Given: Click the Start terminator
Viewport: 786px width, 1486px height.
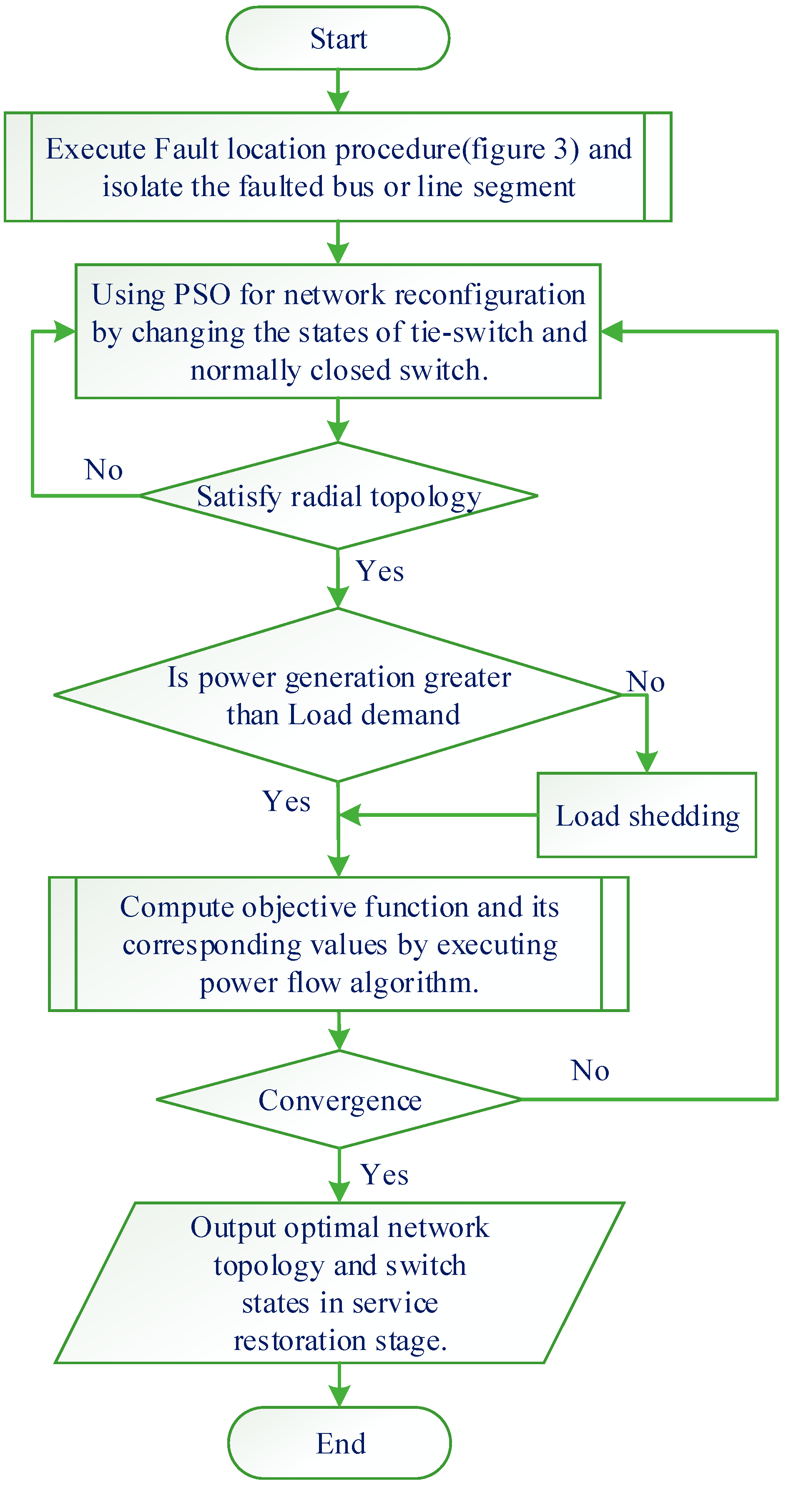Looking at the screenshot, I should pyautogui.click(x=338, y=38).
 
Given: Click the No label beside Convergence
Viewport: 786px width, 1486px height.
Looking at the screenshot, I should pyautogui.click(x=589, y=1070).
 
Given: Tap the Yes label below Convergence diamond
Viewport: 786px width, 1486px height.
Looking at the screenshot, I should pyautogui.click(x=384, y=1174).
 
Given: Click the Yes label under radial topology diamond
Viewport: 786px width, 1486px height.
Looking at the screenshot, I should pyautogui.click(x=380, y=571).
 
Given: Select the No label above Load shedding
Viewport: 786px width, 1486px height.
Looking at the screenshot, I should pyautogui.click(x=645, y=681).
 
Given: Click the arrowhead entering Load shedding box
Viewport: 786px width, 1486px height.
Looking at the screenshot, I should pyautogui.click(x=646, y=763).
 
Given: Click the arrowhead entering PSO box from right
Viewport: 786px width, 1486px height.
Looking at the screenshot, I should pyautogui.click(x=611, y=332).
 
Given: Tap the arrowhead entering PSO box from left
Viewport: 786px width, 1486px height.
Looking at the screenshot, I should pyautogui.click(x=65, y=332).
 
